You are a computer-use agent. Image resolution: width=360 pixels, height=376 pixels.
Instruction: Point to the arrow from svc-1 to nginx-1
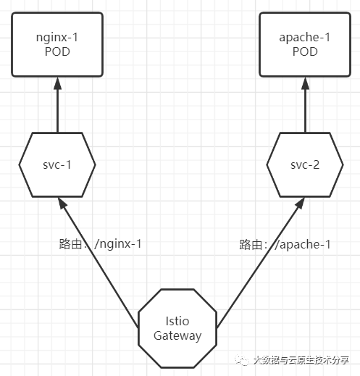[57, 105]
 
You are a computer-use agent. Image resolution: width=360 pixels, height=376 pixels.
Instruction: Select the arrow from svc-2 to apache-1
[305, 105]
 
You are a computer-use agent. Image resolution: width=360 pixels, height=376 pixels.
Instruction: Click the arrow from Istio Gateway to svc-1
[99, 263]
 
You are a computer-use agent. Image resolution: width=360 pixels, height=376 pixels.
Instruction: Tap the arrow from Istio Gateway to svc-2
[261, 263]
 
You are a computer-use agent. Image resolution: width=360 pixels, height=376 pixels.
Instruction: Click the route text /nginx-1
[118, 243]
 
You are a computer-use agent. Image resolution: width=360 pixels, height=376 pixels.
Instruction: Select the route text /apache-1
[303, 244]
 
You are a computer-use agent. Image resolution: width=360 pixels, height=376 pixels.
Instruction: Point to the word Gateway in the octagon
[177, 336]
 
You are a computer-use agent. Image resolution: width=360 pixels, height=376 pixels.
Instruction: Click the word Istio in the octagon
[177, 321]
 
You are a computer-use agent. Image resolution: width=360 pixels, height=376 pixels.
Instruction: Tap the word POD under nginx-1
[57, 51]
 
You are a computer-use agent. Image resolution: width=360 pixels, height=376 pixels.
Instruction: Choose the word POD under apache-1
[305, 51]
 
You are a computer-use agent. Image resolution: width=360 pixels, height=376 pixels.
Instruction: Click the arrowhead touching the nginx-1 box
[57, 83]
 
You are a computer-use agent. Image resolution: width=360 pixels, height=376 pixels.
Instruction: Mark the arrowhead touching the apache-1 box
[305, 83]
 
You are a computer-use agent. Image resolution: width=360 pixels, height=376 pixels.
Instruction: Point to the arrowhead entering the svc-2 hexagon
[300, 203]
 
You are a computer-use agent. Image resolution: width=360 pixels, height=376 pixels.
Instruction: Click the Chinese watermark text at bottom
[301, 360]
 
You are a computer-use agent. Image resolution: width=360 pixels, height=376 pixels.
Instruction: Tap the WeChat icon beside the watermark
[242, 360]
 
